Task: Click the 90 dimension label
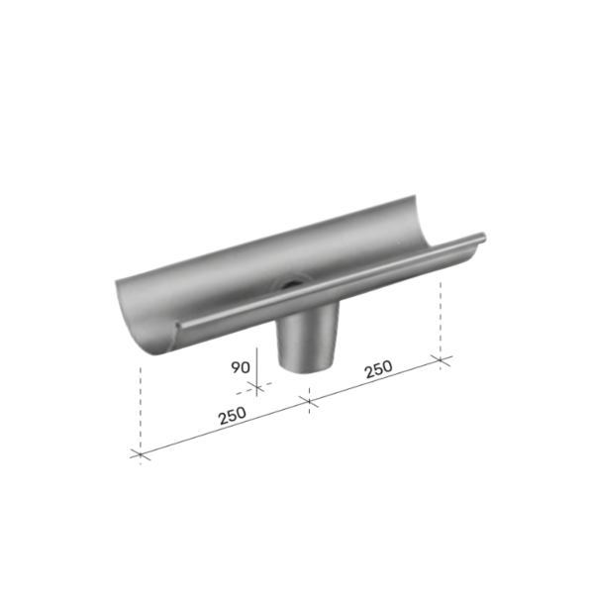(x=241, y=367)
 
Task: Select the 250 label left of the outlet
(x=233, y=415)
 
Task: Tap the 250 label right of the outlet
(x=378, y=369)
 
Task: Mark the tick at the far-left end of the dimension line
(x=141, y=454)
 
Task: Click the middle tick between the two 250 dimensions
(x=309, y=401)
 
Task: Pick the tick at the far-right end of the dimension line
(x=441, y=360)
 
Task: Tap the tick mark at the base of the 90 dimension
(x=256, y=387)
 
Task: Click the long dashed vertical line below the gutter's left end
(x=141, y=415)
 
